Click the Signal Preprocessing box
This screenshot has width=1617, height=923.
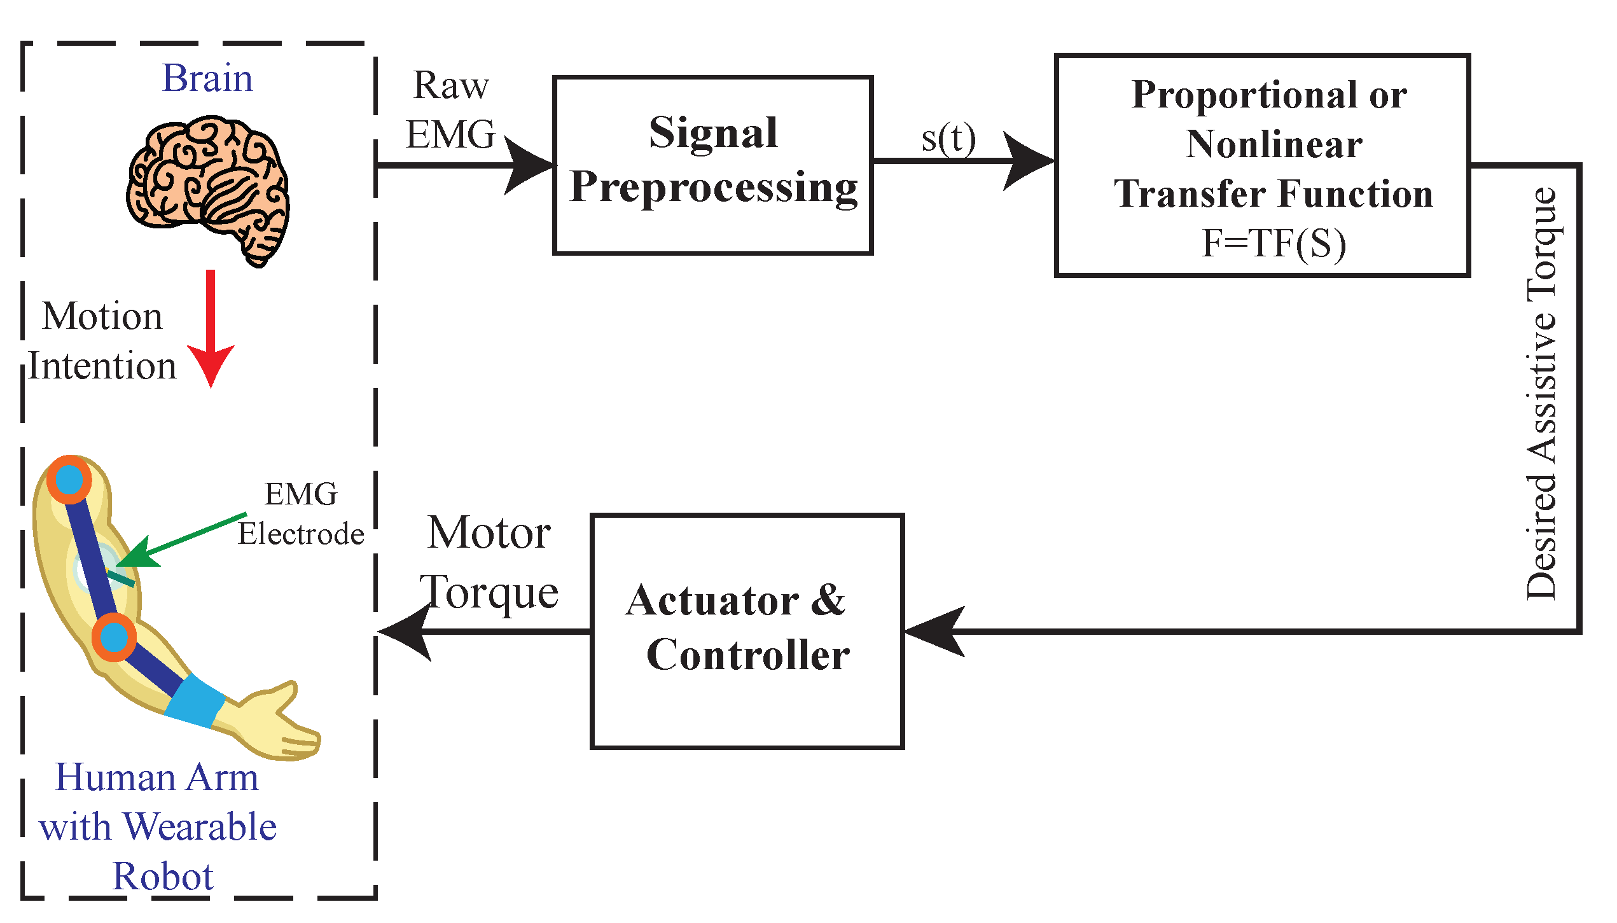point(712,165)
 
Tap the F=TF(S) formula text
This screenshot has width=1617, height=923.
point(1273,243)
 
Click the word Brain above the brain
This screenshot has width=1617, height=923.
point(207,79)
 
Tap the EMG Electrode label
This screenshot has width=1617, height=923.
point(301,514)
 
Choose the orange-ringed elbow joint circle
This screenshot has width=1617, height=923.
point(114,637)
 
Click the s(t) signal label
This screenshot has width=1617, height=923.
point(948,139)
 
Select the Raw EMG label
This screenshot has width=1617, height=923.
point(450,110)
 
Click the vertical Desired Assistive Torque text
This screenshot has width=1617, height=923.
point(1542,394)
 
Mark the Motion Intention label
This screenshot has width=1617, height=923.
point(102,342)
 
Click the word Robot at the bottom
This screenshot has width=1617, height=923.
point(163,877)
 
